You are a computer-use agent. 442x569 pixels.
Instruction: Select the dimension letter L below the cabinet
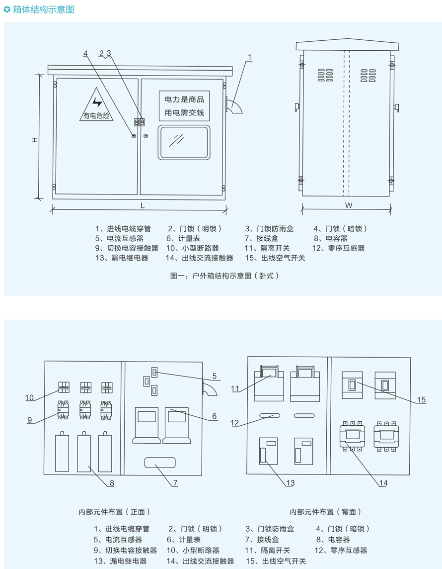pyautogui.click(x=142, y=205)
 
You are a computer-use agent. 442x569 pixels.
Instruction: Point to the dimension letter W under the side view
pyautogui.click(x=348, y=205)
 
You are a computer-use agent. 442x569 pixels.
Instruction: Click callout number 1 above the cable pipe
pyautogui.click(x=250, y=57)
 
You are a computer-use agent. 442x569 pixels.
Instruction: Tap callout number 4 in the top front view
pyautogui.click(x=85, y=53)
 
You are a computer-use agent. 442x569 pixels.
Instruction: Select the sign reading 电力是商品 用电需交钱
pyautogui.click(x=184, y=106)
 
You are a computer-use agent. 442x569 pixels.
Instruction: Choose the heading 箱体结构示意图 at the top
pyautogui.click(x=42, y=9)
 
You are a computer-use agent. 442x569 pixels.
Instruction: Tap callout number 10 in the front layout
pyautogui.click(x=30, y=397)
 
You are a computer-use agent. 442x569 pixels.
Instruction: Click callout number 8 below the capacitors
pyautogui.click(x=112, y=482)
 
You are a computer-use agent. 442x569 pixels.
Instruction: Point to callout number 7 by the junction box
pyautogui.click(x=175, y=482)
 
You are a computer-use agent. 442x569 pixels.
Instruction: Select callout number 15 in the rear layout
pyautogui.click(x=421, y=400)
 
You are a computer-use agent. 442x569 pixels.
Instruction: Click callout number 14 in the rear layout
pyautogui.click(x=383, y=482)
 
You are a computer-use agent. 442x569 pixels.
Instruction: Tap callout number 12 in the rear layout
pyautogui.click(x=234, y=423)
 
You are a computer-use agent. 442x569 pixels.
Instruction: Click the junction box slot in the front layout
pyautogui.click(x=159, y=463)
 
